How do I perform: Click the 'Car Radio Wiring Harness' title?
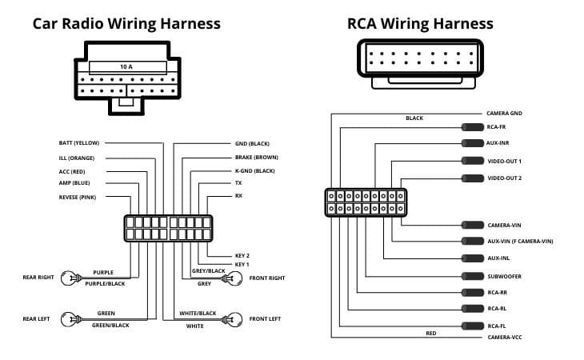tap(126, 23)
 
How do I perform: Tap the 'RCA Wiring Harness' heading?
tap(420, 23)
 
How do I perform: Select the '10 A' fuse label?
tap(126, 66)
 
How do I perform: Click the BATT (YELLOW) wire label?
tap(79, 143)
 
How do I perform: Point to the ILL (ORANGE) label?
tap(80, 158)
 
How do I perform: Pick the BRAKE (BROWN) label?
tap(256, 158)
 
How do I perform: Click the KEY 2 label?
tap(242, 255)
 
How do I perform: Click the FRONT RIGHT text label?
tap(267, 278)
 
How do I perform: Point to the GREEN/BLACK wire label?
tap(110, 325)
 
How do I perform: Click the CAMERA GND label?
tap(504, 114)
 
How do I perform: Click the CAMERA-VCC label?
tap(505, 338)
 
